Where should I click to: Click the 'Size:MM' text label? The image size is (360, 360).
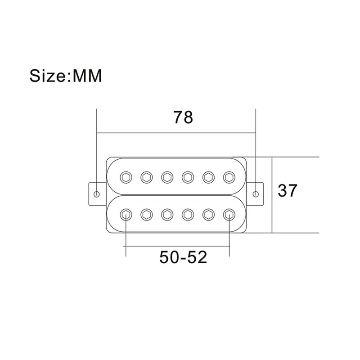pos(66,75)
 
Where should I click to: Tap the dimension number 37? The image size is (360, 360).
pos(288,191)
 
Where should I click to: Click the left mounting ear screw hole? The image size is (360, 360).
pos(97,194)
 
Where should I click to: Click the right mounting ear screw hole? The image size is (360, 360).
pos(256,194)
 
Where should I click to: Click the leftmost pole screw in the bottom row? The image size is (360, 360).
pos(126,215)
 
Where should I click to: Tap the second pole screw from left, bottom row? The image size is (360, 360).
pos(146,215)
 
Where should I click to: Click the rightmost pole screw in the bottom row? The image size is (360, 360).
pos(229,215)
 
